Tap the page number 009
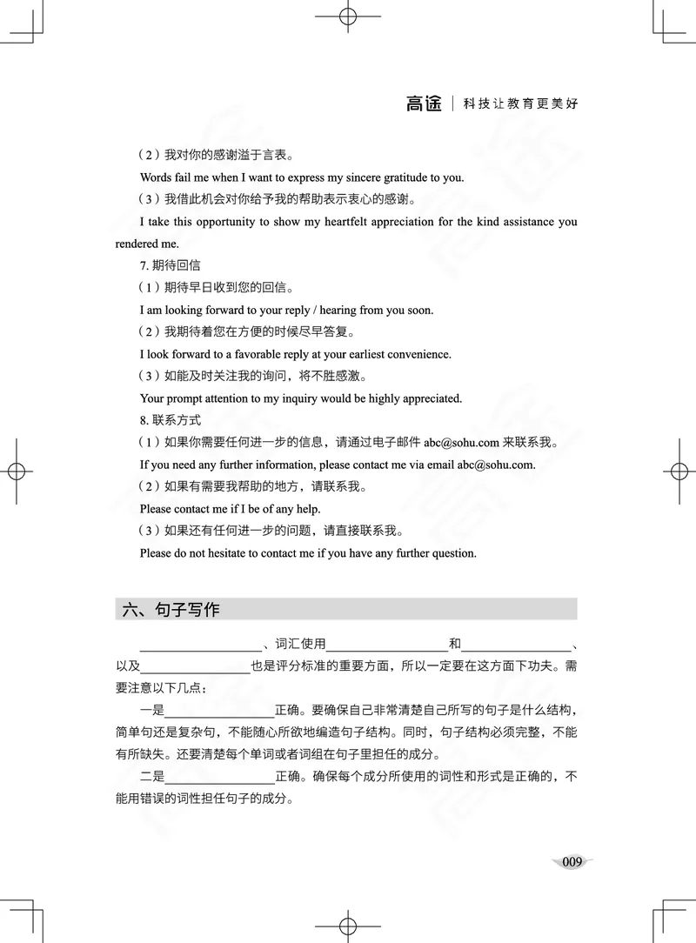click(x=572, y=862)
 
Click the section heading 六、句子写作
click(x=171, y=610)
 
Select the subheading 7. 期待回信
click(x=171, y=265)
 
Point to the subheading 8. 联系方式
click(x=171, y=420)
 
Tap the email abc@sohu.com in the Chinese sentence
click(x=461, y=443)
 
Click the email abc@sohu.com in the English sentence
click(x=495, y=465)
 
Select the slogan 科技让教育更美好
click(x=520, y=104)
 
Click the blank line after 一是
click(x=219, y=709)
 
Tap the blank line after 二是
click(x=219, y=776)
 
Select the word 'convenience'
click(x=420, y=355)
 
